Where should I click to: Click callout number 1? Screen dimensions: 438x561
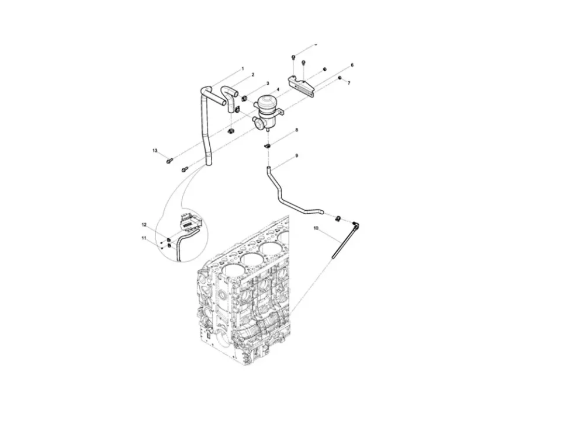(x=243, y=69)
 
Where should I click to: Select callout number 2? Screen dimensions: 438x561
(x=252, y=75)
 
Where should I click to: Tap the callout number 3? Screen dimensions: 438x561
(x=268, y=84)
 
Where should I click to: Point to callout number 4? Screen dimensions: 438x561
(x=278, y=90)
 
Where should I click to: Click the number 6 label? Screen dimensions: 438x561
(x=352, y=65)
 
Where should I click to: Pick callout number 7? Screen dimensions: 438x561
(x=349, y=84)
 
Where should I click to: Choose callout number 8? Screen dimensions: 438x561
(x=296, y=130)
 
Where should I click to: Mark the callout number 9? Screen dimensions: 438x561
(x=296, y=156)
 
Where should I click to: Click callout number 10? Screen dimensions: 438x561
(x=316, y=228)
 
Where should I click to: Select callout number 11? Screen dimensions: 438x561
(x=144, y=238)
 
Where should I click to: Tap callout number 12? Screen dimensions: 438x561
(x=144, y=224)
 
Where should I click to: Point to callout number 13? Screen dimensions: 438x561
(x=155, y=151)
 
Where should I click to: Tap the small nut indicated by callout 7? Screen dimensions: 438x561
(x=340, y=78)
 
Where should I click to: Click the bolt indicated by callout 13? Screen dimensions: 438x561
(x=170, y=159)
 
